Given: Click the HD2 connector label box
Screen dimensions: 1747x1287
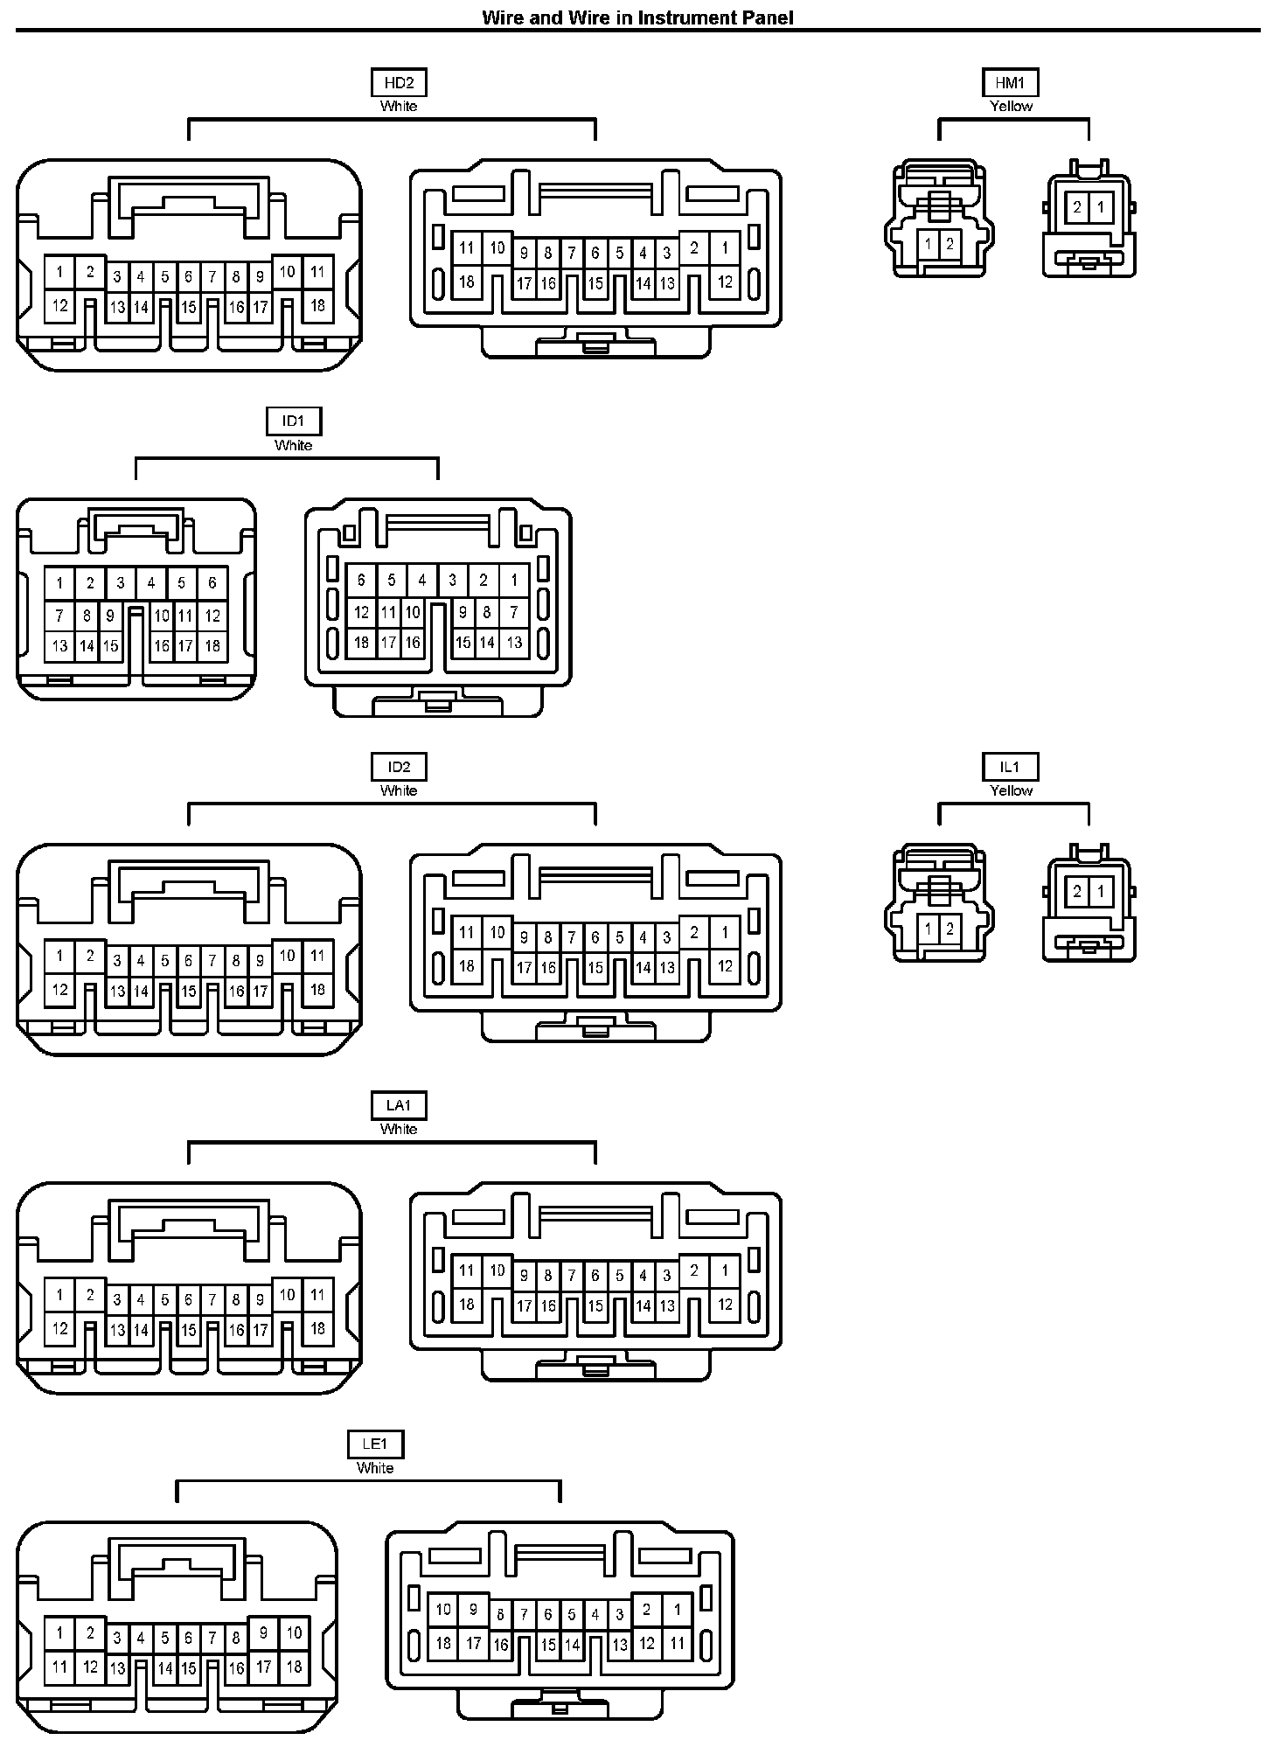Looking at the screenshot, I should click(x=399, y=83).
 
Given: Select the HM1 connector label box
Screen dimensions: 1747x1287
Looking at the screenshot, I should click(x=1010, y=83).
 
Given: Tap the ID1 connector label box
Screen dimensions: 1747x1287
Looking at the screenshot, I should click(x=294, y=421).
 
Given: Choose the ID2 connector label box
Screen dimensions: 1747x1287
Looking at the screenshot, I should click(x=399, y=767).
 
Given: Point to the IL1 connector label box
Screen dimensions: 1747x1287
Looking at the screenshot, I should click(x=1010, y=767).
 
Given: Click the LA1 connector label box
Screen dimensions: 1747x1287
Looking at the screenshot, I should click(x=399, y=1106).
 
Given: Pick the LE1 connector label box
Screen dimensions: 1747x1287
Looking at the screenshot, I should click(x=375, y=1444).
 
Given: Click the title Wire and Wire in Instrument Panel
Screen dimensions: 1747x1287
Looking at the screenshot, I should click(x=637, y=17).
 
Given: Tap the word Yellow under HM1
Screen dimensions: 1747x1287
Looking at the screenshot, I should click(x=1011, y=107).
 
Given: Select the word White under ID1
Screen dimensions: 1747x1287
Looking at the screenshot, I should click(x=294, y=445).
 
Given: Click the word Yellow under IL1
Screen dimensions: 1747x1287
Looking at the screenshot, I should click(x=1011, y=790).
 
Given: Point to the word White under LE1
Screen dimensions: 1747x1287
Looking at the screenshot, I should click(x=375, y=1468).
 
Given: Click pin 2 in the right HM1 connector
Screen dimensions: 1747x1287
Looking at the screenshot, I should click(x=1077, y=208).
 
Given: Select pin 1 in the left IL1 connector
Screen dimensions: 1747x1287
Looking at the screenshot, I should click(x=929, y=928).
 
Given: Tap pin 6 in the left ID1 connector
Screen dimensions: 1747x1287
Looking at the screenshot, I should click(x=212, y=582).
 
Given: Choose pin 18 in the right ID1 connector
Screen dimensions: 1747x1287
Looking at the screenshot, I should click(x=361, y=642).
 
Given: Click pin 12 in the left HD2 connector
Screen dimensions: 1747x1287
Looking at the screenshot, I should click(x=59, y=306).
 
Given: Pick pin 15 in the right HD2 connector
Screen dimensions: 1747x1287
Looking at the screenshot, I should click(x=595, y=283).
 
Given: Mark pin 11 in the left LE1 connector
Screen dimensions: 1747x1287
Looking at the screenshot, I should click(x=59, y=1667).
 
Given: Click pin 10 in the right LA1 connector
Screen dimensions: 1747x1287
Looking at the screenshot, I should click(x=497, y=1270).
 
